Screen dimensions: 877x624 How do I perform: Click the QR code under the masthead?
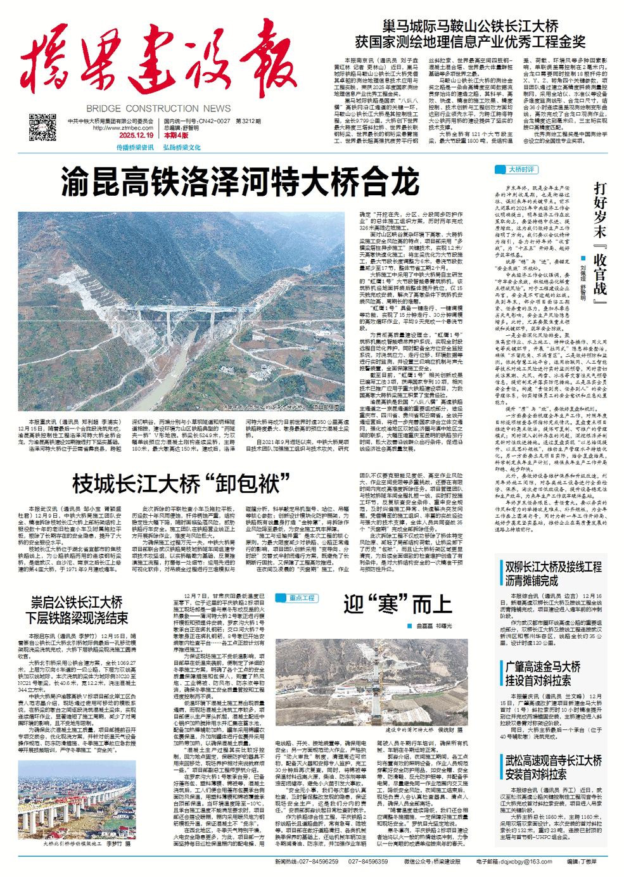pyautogui.click(x=42, y=127)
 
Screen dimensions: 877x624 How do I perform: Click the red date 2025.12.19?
pyautogui.click(x=136, y=135)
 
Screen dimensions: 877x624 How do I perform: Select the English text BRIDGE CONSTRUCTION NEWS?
pyautogui.click(x=158, y=108)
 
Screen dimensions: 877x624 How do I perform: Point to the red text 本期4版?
pyautogui.click(x=176, y=135)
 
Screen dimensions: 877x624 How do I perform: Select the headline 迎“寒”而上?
pyautogui.click(x=398, y=604)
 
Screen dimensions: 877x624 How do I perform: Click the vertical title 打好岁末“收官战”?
pyautogui.click(x=599, y=241)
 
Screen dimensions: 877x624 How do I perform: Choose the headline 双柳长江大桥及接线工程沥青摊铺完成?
pyautogui.click(x=553, y=573)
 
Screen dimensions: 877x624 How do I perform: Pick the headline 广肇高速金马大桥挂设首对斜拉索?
pyautogui.click(x=543, y=674)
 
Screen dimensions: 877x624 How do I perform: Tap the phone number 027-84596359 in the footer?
pyautogui.click(x=367, y=861)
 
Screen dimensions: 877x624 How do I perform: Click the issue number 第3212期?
pyautogui.click(x=248, y=121)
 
